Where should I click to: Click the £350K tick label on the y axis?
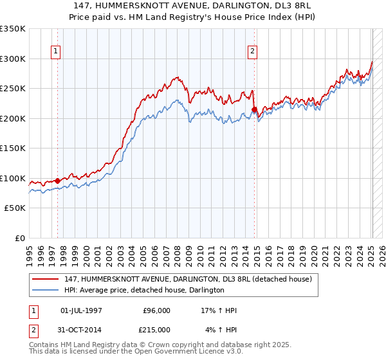click(x=12, y=29)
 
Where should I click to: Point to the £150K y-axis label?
click(x=12, y=148)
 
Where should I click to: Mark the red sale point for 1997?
click(x=57, y=181)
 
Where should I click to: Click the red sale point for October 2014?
click(x=255, y=109)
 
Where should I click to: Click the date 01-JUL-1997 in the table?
click(x=81, y=310)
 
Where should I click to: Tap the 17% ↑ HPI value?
click(x=219, y=310)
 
